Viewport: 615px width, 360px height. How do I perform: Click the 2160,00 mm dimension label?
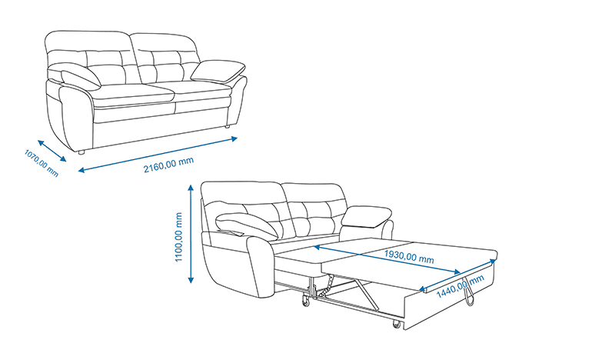click(x=168, y=165)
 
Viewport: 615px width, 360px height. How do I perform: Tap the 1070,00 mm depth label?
click(x=42, y=163)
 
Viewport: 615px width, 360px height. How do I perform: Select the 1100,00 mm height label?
click(x=179, y=237)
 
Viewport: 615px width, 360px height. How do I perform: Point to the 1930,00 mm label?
click(x=409, y=256)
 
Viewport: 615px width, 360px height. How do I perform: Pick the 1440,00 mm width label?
click(x=460, y=286)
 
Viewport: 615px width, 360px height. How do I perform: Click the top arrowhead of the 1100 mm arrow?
click(x=191, y=187)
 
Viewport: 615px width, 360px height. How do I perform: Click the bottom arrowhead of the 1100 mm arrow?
click(x=191, y=280)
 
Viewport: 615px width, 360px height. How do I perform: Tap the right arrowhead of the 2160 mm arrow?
click(x=234, y=138)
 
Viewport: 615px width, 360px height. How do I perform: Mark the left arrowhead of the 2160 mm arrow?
click(x=81, y=170)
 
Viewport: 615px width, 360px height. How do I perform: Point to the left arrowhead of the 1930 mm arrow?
click(x=317, y=248)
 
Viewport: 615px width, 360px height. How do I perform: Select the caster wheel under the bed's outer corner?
click(x=397, y=325)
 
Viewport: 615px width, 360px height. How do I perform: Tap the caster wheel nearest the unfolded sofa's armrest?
click(x=305, y=302)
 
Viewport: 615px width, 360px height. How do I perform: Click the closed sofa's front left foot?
click(x=81, y=152)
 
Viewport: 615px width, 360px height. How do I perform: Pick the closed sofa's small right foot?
click(x=226, y=127)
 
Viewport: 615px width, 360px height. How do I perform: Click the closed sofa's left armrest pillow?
click(x=81, y=78)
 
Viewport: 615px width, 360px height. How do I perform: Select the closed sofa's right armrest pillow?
click(x=218, y=71)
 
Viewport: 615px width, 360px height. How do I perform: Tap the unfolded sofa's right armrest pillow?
click(x=367, y=216)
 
